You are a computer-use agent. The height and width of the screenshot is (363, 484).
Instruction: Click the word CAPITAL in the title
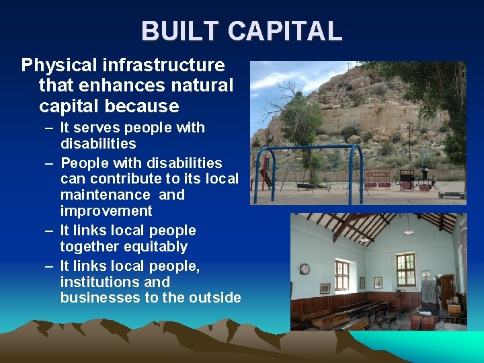[x=284, y=32]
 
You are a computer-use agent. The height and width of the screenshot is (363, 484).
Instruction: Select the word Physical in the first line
[x=59, y=65]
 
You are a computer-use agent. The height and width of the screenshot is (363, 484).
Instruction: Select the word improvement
[x=106, y=211]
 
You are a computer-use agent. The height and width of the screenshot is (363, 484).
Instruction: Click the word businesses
[x=99, y=298]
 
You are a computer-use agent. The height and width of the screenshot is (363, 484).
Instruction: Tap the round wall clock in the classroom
[x=305, y=269]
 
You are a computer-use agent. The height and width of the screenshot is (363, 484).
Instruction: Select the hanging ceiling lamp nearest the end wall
[x=407, y=230]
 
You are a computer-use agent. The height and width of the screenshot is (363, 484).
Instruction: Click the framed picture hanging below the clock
[x=325, y=288]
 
